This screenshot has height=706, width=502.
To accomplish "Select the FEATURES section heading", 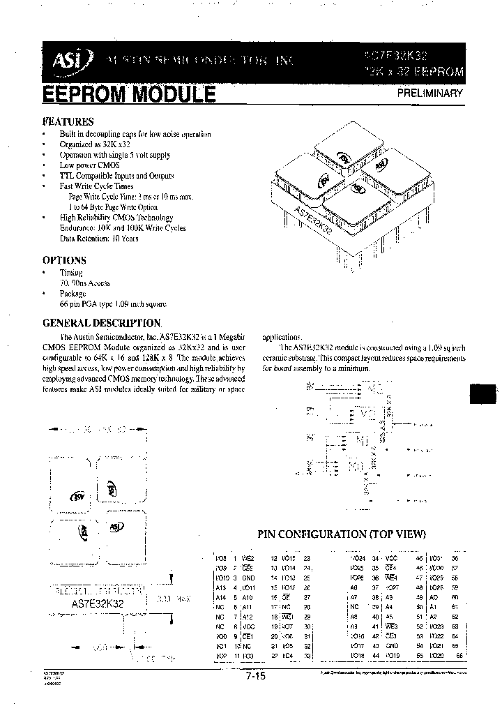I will pyautogui.click(x=68, y=121).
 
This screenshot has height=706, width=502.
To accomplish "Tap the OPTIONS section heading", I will pyautogui.click(x=64, y=260).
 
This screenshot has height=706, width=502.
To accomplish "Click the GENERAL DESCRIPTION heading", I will pyautogui.click(x=102, y=323).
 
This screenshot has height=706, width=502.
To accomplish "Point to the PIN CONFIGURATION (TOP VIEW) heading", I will pyautogui.click(x=342, y=534).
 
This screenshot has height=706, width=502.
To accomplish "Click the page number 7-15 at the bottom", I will pyautogui.click(x=255, y=675).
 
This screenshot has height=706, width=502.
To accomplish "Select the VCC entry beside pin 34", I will pyautogui.click(x=392, y=558).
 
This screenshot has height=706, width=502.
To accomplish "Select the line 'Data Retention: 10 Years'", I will pyautogui.click(x=99, y=239).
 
